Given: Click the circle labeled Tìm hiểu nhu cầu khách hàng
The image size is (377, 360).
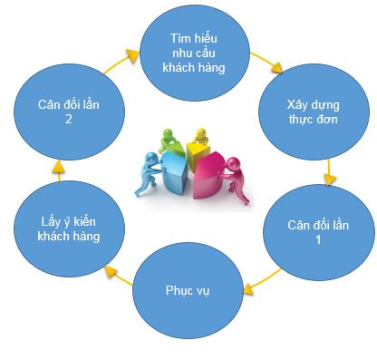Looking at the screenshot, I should coord(197,52).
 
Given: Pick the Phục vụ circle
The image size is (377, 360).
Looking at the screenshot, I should coord(188,289).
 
